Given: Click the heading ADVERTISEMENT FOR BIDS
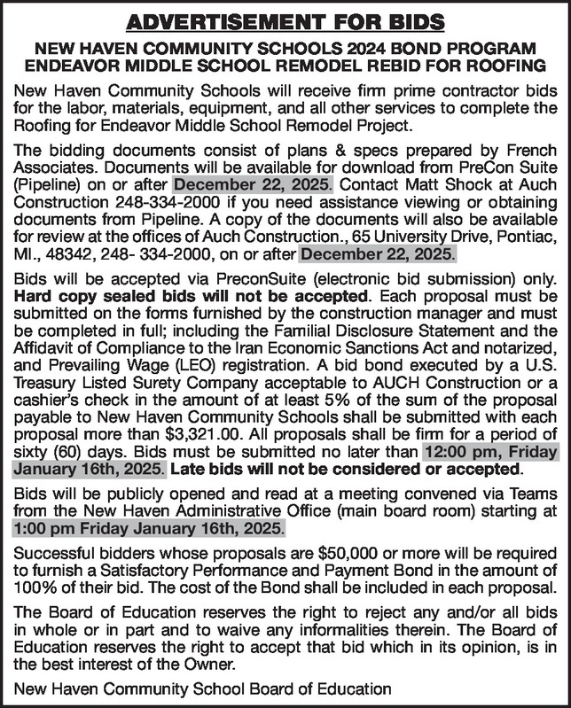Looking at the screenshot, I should pos(285,19).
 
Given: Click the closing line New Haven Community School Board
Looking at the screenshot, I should pos(200,690).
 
